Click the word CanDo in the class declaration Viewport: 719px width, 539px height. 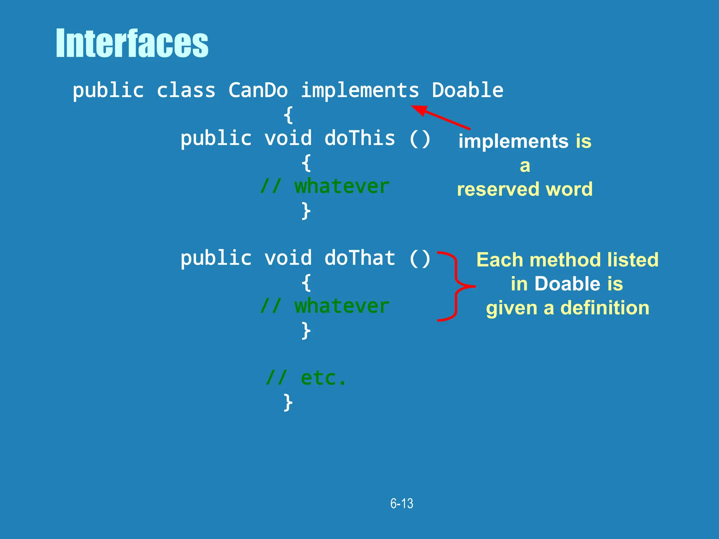click(x=258, y=90)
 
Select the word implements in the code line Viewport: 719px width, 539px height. click(x=360, y=90)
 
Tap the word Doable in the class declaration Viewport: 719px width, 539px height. click(x=467, y=90)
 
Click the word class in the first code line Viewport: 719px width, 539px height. click(x=186, y=90)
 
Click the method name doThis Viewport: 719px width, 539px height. click(x=359, y=138)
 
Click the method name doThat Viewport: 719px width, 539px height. click(x=359, y=258)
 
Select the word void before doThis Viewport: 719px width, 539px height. click(x=288, y=138)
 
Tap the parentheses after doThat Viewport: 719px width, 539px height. click(x=420, y=259)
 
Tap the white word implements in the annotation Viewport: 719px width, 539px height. click(x=513, y=141)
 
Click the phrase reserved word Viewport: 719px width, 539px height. click(x=525, y=189)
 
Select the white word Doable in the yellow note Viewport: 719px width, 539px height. click(x=567, y=284)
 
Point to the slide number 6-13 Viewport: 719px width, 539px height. click(x=402, y=504)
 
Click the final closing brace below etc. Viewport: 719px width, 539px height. click(x=288, y=402)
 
